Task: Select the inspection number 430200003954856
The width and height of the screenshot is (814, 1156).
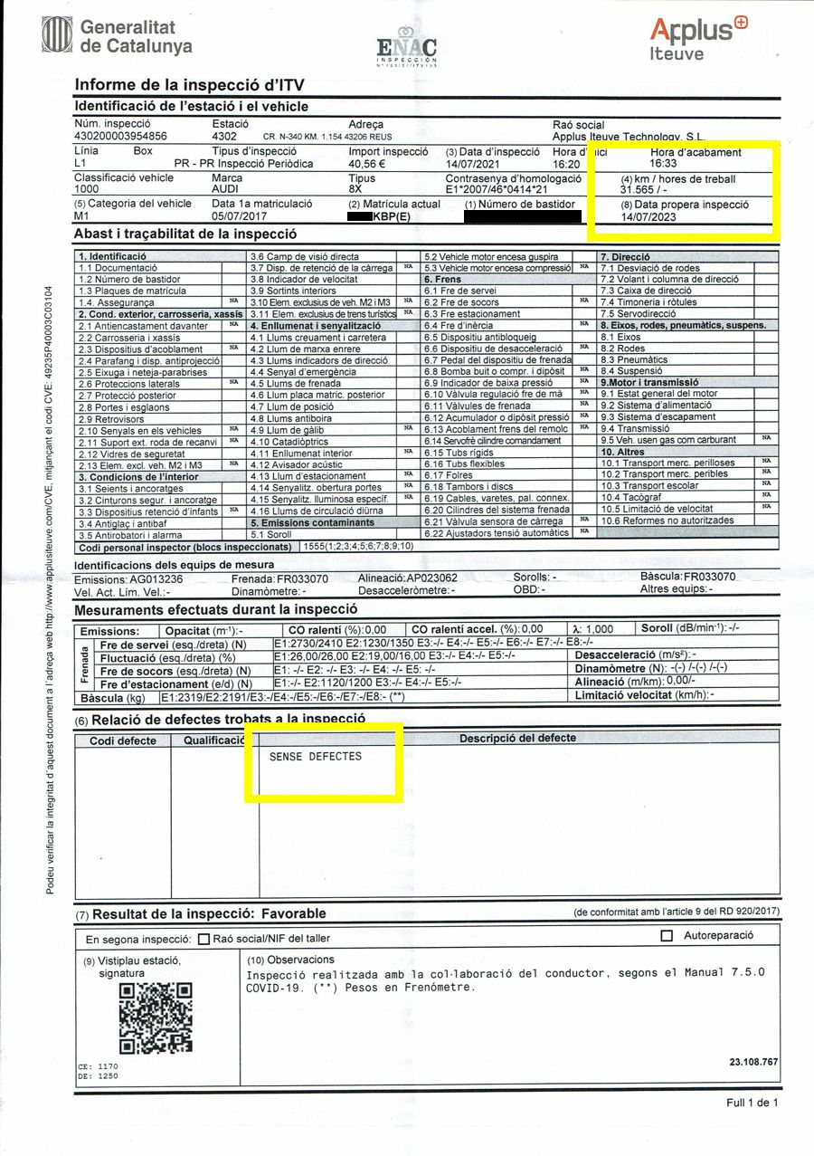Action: [120, 137]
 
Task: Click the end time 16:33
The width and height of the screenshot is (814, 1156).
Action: [663, 165]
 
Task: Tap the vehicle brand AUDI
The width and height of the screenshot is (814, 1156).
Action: [226, 191]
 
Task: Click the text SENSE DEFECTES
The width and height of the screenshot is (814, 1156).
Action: [316, 757]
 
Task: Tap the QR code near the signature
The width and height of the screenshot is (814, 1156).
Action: [156, 1017]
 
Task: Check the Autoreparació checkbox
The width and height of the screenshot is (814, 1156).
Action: [667, 936]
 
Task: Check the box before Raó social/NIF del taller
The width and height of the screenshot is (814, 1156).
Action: [203, 939]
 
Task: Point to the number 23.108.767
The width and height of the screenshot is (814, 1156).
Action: [753, 1062]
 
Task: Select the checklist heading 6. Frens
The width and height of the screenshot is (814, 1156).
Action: [443, 280]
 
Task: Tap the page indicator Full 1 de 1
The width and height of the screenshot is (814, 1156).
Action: [751, 1103]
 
